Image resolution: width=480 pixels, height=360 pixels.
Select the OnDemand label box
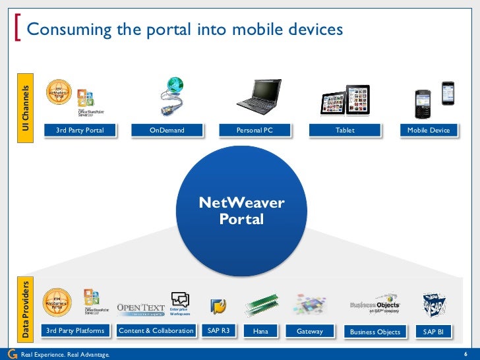[167, 131]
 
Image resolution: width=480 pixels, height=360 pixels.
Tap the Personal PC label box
[255, 131]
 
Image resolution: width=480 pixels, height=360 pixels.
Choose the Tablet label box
[345, 131]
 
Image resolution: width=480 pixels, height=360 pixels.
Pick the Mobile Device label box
[428, 131]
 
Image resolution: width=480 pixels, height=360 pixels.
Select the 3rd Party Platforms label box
[75, 331]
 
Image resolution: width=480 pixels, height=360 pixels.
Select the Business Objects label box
[375, 332]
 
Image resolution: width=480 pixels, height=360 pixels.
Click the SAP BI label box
[433, 332]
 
